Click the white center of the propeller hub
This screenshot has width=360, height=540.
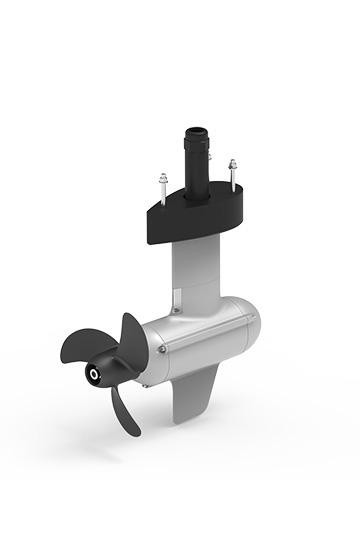pos(94,375)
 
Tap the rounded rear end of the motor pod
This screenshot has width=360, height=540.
pos(250,322)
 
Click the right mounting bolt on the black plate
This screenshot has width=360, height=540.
pos(232,172)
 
